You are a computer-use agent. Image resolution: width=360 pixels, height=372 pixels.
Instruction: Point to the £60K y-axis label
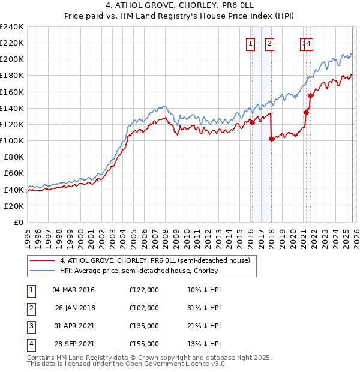13,173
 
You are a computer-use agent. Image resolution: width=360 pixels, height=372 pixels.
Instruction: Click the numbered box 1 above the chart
250,43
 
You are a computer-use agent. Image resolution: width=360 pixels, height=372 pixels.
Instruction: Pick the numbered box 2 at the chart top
269,43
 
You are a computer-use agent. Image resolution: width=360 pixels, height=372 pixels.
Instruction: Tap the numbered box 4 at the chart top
308,43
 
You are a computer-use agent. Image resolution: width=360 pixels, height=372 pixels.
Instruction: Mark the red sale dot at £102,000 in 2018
272,139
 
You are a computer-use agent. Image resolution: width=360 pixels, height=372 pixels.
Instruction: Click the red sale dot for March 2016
252,123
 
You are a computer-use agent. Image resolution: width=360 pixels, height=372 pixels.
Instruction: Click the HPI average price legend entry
139,271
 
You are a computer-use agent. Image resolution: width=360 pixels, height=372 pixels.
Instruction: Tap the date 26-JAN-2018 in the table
75,308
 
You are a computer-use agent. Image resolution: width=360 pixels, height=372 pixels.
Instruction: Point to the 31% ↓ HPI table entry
204,308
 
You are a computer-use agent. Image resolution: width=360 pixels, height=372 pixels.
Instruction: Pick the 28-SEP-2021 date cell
75,344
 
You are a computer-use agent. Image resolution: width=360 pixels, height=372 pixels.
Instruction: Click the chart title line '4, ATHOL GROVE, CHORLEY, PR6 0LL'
179,7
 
